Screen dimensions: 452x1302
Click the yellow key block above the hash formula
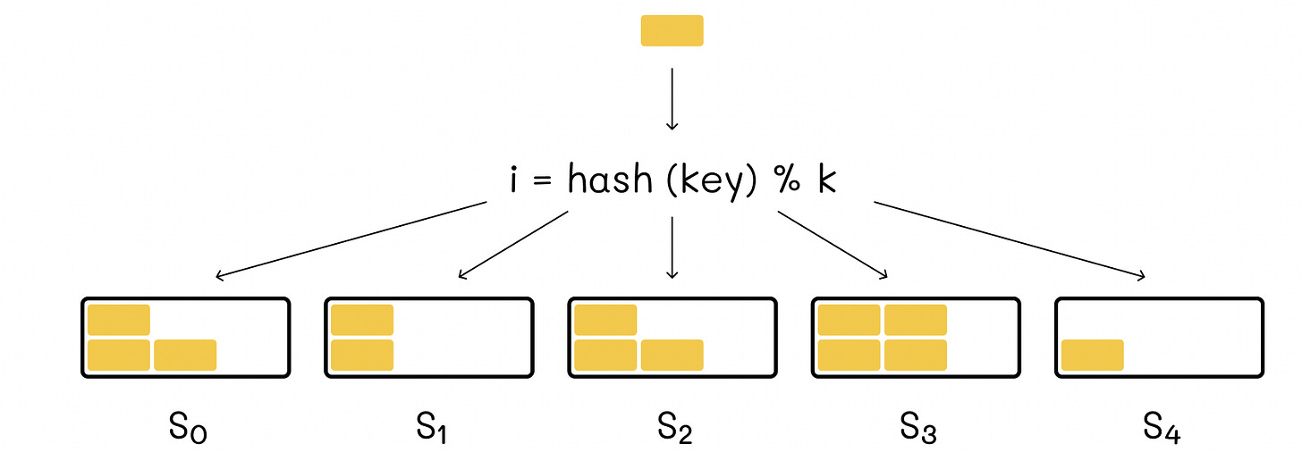672,30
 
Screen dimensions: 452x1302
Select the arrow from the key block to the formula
672,97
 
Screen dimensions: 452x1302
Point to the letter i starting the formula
515,180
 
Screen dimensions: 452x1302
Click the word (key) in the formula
712,181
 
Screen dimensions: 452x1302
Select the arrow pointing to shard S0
349,240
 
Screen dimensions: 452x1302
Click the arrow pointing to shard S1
512,244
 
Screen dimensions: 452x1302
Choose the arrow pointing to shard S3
833,244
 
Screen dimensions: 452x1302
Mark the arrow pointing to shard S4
1009,240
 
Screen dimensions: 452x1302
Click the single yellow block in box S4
1092,355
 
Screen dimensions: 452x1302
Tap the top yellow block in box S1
362,320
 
